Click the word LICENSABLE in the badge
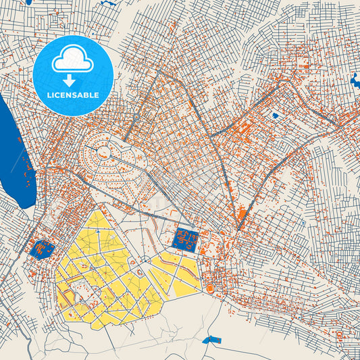pyautogui.click(x=72, y=95)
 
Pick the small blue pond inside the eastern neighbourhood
pyautogui.click(x=275, y=115)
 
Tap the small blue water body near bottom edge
pyautogui.click(x=212, y=340)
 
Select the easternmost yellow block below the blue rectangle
pyautogui.click(x=187, y=284)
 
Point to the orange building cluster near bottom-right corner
pyautogui.click(x=341, y=336)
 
